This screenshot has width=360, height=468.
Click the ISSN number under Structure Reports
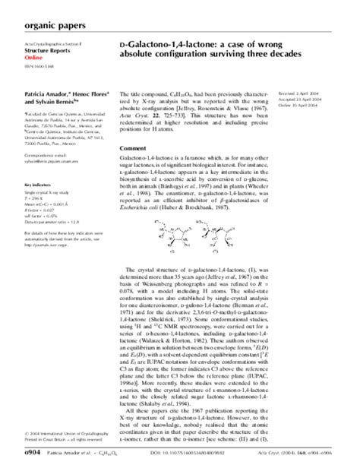tap(38, 73)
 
